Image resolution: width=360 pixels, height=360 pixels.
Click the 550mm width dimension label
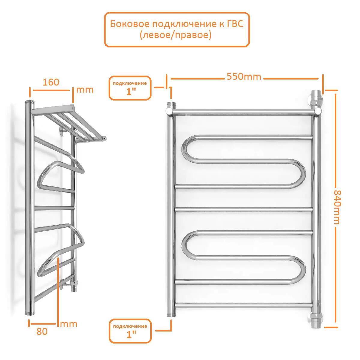[244, 76]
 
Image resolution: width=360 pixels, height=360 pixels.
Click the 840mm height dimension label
[337, 207]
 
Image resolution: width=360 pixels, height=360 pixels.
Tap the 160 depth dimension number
[51, 82]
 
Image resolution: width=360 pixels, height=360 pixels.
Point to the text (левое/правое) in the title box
[175, 35]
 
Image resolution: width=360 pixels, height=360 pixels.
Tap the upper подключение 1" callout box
[130, 88]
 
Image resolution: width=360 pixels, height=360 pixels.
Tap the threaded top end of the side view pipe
[29, 102]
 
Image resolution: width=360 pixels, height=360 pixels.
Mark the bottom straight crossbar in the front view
[244, 305]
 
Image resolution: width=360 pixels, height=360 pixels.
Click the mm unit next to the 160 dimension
[85, 90]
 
